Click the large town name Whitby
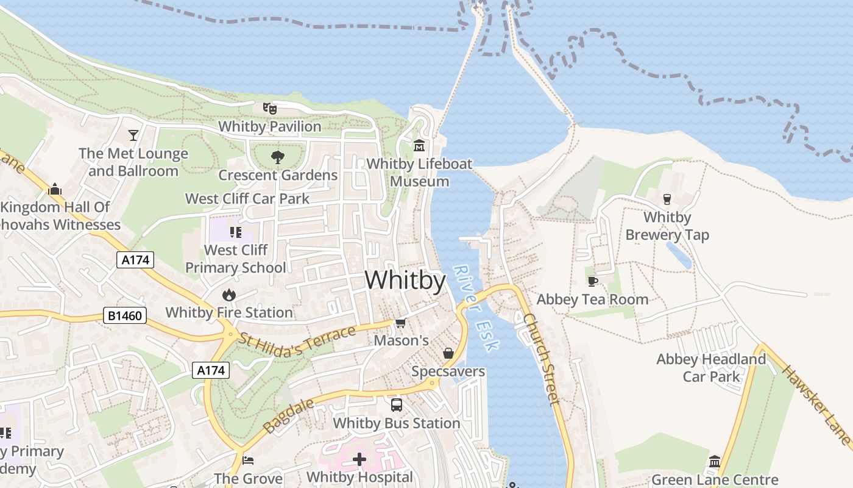pyautogui.click(x=405, y=280)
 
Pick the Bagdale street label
pyautogui.click(x=289, y=416)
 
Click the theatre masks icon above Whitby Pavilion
pyautogui.click(x=270, y=109)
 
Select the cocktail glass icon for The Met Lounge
pyautogui.click(x=133, y=135)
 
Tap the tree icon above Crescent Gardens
pyautogui.click(x=278, y=157)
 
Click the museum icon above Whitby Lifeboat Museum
pyautogui.click(x=419, y=146)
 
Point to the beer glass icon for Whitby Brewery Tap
pyautogui.click(x=667, y=199)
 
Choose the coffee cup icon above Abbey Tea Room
pyautogui.click(x=592, y=281)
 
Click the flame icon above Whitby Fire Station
pyautogui.click(x=229, y=295)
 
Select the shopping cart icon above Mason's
pyautogui.click(x=400, y=323)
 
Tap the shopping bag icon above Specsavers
pyautogui.click(x=448, y=353)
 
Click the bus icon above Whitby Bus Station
pyautogui.click(x=397, y=404)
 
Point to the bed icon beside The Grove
pyautogui.click(x=248, y=460)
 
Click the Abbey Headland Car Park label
pyautogui.click(x=711, y=368)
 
